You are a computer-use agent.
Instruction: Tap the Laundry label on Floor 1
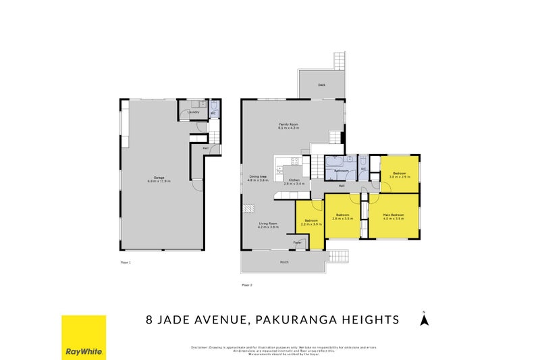coord(194,112)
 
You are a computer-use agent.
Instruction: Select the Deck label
coord(321,85)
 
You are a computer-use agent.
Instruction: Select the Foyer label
coord(297,241)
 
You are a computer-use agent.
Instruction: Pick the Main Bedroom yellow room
coord(394,216)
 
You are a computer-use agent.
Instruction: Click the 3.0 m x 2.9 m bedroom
coord(399,175)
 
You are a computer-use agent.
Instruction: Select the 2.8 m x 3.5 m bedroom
coord(344,216)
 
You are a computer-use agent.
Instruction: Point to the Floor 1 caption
coord(126,261)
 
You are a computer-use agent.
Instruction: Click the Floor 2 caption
coord(246,284)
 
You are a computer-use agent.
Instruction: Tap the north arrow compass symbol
coord(424,319)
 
